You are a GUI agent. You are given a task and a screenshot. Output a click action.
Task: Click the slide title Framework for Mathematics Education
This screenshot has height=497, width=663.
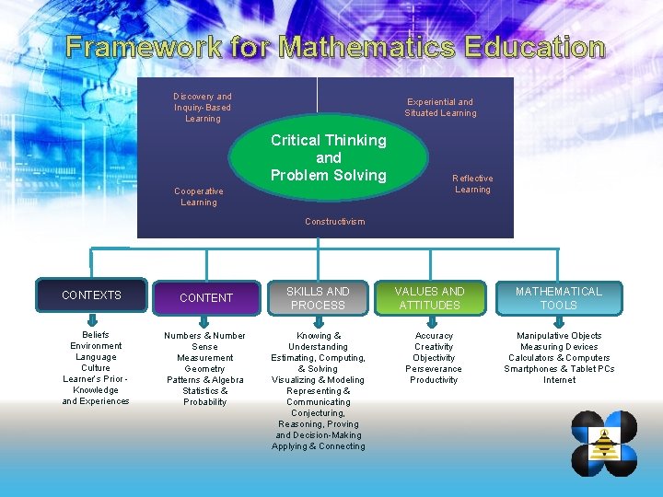point(335,47)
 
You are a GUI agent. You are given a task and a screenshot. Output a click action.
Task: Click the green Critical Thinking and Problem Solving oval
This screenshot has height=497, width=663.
point(329,157)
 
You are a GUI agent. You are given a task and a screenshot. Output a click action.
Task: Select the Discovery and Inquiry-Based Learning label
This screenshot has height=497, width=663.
point(203,107)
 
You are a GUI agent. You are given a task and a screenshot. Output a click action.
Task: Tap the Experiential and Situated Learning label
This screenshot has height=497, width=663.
point(440,108)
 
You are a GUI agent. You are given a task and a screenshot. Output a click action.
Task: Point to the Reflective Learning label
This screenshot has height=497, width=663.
point(472,184)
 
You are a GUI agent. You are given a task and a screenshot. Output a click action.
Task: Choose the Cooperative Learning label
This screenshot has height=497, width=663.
point(199,197)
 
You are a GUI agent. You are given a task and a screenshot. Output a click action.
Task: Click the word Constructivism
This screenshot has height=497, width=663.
point(334,222)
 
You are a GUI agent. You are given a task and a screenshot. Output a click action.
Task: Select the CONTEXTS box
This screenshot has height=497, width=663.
point(91,295)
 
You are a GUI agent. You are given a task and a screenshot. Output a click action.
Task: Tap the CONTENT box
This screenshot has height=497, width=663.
point(206,297)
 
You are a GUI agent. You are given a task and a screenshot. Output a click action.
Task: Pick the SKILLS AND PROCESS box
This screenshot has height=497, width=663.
point(318,297)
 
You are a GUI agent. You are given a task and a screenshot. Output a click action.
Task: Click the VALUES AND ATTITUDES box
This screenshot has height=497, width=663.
point(429,297)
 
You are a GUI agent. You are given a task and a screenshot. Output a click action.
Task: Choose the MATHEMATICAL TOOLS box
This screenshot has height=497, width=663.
point(558,297)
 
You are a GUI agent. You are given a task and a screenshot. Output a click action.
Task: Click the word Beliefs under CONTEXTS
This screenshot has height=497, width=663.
point(96,335)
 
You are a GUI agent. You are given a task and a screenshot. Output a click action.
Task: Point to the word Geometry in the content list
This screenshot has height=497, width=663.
point(204,368)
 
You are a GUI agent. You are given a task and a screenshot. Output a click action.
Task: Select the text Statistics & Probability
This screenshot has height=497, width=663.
point(205,396)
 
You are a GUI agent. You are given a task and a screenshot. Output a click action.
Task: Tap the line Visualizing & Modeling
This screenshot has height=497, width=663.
point(318,379)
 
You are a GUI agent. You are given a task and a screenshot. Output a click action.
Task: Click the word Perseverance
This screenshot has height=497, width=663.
point(434,368)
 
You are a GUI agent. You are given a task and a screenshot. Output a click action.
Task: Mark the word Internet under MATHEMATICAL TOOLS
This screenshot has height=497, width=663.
point(559,379)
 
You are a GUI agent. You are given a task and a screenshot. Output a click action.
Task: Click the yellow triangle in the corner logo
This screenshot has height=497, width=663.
point(605,445)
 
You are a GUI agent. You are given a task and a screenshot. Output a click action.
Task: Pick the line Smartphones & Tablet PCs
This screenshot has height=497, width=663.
point(559,368)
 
